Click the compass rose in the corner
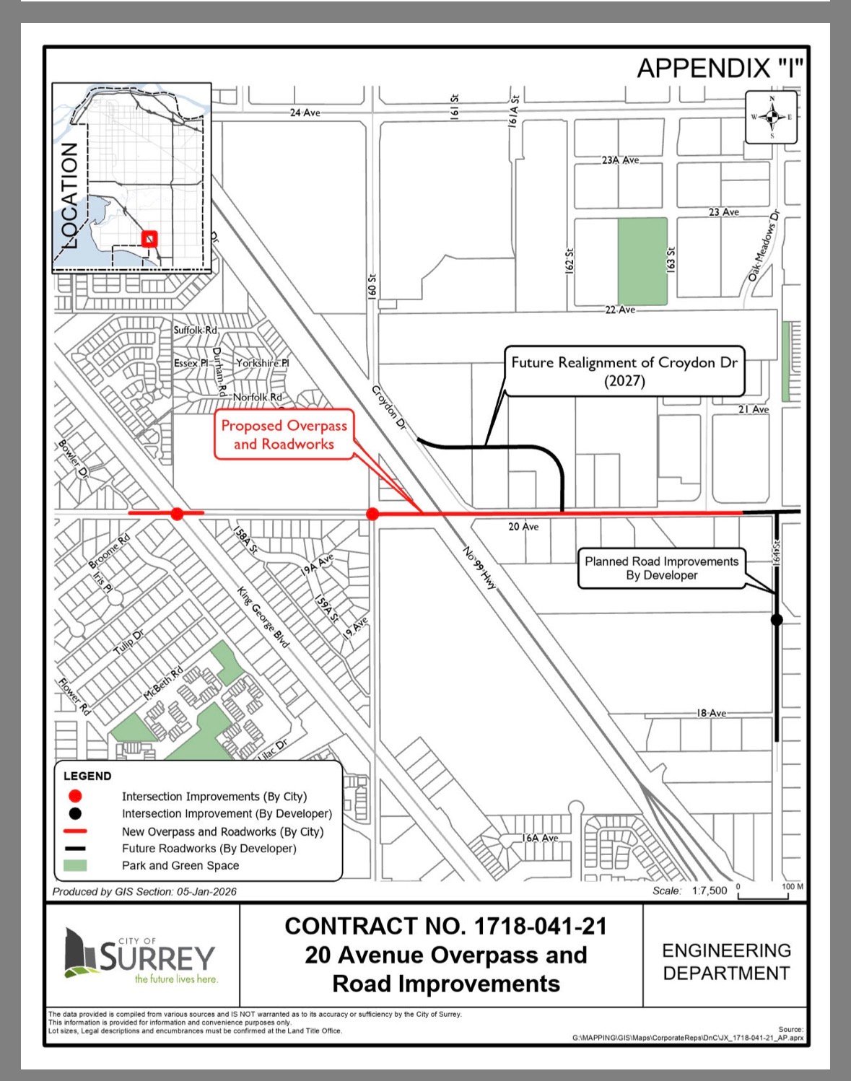click(771, 117)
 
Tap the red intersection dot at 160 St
click(372, 514)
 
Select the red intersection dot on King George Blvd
click(177, 514)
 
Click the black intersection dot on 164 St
click(777, 619)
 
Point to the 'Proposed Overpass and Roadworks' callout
click(284, 435)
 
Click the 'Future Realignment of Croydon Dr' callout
click(624, 371)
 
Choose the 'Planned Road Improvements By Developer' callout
click(661, 568)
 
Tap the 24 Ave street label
click(305, 113)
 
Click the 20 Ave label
click(523, 527)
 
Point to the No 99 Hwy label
click(481, 568)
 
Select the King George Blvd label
click(263, 616)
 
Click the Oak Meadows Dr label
click(764, 245)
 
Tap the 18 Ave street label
click(711, 713)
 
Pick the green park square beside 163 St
click(642, 261)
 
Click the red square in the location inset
click(149, 239)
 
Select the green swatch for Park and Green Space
click(75, 865)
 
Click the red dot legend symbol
click(75, 796)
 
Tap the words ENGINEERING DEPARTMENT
click(726, 961)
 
